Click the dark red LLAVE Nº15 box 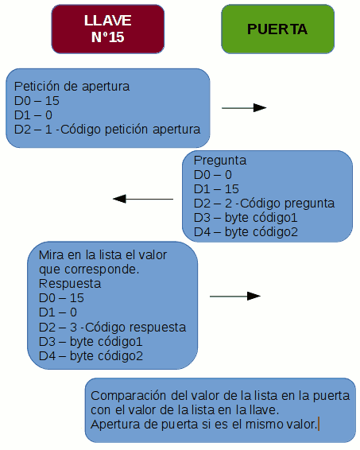108,29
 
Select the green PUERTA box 277,29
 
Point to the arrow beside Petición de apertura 244,108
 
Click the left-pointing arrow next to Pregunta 143,199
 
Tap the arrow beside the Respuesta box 235,297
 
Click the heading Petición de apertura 72,87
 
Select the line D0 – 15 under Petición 37,101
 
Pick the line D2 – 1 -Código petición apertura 107,130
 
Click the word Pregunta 220,161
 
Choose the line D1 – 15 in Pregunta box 216,189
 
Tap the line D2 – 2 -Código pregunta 264,204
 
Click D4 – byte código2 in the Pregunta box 246,232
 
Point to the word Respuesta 70,284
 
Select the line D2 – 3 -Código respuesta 112,328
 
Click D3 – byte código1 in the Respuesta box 91,342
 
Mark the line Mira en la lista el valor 103,255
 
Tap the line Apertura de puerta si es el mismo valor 204,425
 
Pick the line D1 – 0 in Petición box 33,115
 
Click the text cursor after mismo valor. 319,425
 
